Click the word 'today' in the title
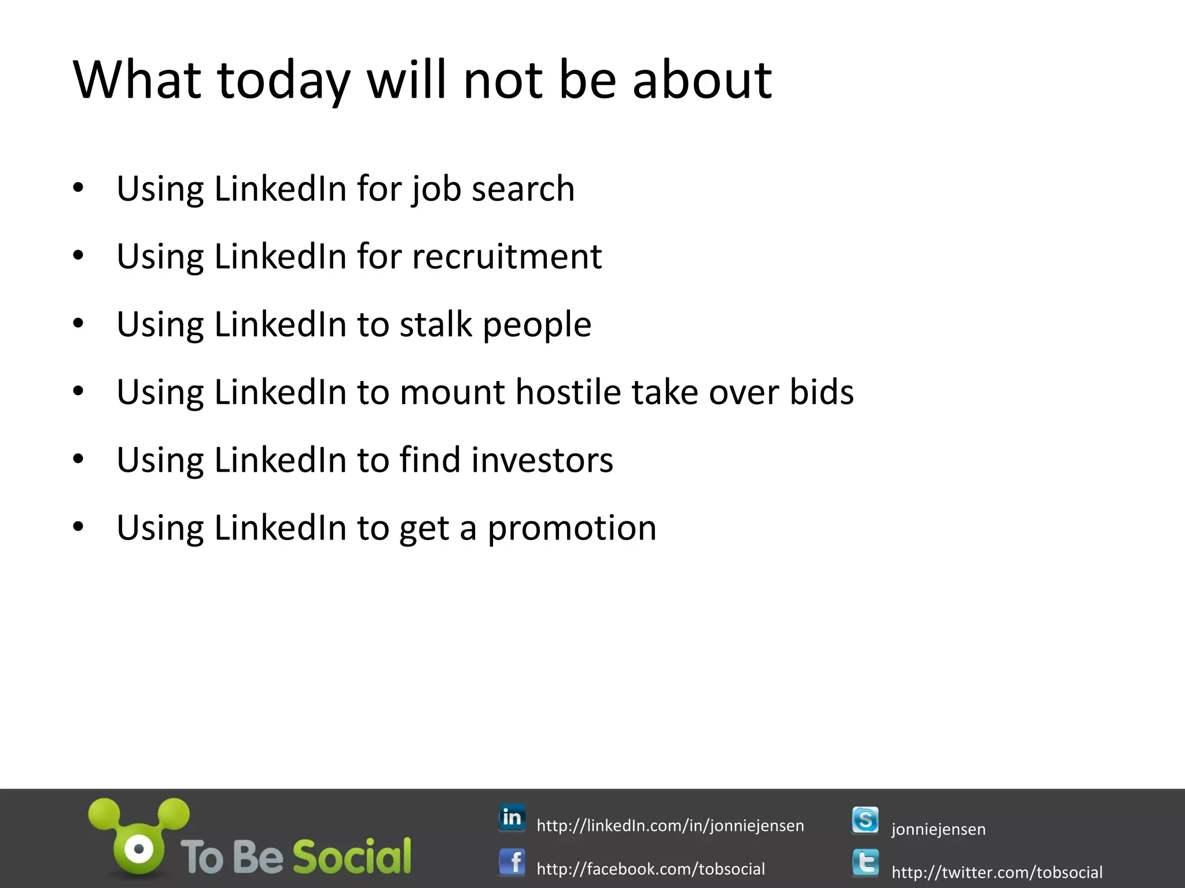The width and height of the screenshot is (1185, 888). tap(284, 81)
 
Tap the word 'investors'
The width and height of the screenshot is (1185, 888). tap(542, 460)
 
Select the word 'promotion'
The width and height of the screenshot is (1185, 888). tap(572, 528)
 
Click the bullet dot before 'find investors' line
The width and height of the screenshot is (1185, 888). tap(79, 459)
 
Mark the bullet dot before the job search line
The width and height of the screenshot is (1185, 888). tap(79, 188)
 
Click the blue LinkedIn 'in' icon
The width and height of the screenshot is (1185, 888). tap(512, 817)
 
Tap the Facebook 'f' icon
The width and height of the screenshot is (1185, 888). tap(512, 862)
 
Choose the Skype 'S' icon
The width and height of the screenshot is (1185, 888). tap(865, 820)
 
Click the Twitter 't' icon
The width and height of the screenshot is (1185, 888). tap(865, 863)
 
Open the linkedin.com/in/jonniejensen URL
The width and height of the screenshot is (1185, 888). tap(670, 826)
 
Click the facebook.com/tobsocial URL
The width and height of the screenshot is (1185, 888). tap(650, 869)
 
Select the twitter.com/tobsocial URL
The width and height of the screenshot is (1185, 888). tap(996, 872)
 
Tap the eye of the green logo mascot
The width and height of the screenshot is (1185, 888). tap(138, 849)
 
